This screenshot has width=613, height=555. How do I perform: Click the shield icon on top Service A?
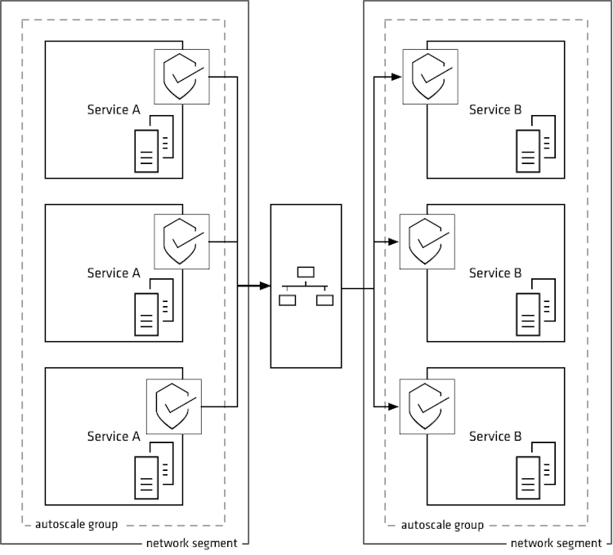[181, 78]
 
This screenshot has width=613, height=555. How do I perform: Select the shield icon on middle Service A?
[181, 241]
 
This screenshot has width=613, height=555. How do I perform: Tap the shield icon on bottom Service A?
[172, 406]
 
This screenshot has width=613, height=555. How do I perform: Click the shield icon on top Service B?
[430, 78]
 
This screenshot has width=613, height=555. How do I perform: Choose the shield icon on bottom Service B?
[426, 406]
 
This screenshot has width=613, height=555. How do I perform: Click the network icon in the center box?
[306, 286]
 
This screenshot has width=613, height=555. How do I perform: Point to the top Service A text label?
[114, 110]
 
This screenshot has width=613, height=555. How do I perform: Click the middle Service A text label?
[114, 273]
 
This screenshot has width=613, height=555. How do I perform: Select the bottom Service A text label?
[114, 437]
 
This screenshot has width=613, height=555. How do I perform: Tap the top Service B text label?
[494, 110]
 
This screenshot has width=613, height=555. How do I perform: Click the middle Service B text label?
[494, 273]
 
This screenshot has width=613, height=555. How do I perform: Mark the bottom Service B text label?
[494, 437]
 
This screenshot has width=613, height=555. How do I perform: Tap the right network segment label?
[557, 543]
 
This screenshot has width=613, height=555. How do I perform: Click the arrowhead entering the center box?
[264, 286]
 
